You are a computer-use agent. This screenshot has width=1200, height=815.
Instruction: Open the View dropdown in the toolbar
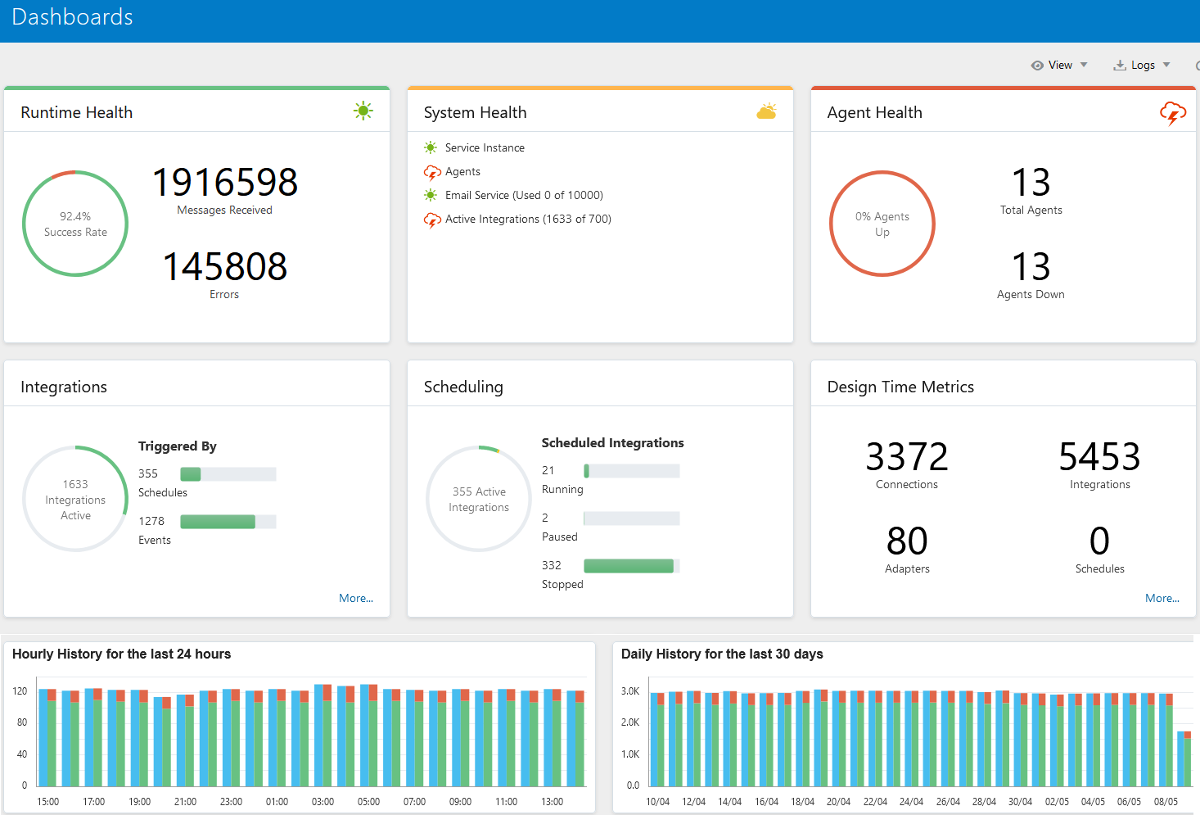coord(1059,66)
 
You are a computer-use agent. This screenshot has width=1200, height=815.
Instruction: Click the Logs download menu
coord(1142,66)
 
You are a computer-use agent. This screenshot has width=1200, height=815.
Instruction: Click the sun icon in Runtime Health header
coord(363,111)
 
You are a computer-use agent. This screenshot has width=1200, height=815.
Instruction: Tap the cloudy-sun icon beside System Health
coord(766,111)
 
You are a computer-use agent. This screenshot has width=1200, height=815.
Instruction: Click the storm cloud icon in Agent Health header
coord(1172,113)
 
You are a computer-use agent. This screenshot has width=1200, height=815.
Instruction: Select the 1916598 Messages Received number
coord(225,182)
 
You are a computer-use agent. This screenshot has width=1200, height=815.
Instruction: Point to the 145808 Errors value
coord(225,266)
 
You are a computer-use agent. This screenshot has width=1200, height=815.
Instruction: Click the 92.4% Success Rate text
coord(75,224)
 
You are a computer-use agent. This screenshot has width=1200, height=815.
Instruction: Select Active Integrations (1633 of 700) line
coord(528,219)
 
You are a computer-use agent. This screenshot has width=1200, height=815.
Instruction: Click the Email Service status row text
coord(524,195)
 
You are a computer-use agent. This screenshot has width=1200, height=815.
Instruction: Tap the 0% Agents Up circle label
coord(882,224)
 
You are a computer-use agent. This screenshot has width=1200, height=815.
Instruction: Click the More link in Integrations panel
coord(355,598)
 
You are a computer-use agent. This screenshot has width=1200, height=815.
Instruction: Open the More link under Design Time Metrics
coord(1162,598)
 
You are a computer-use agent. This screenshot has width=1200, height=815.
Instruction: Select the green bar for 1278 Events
coord(218,522)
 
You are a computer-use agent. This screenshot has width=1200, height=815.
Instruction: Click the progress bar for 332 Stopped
coord(629,566)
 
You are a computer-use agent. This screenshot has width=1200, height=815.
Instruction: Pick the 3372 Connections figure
coord(906,456)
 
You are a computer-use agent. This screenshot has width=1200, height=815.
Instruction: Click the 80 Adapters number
coord(906,541)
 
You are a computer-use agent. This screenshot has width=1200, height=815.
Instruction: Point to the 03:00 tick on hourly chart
coord(323,802)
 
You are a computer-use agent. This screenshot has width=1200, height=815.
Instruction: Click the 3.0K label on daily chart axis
coord(629,691)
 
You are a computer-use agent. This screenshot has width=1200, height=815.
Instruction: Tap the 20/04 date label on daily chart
coord(838,802)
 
